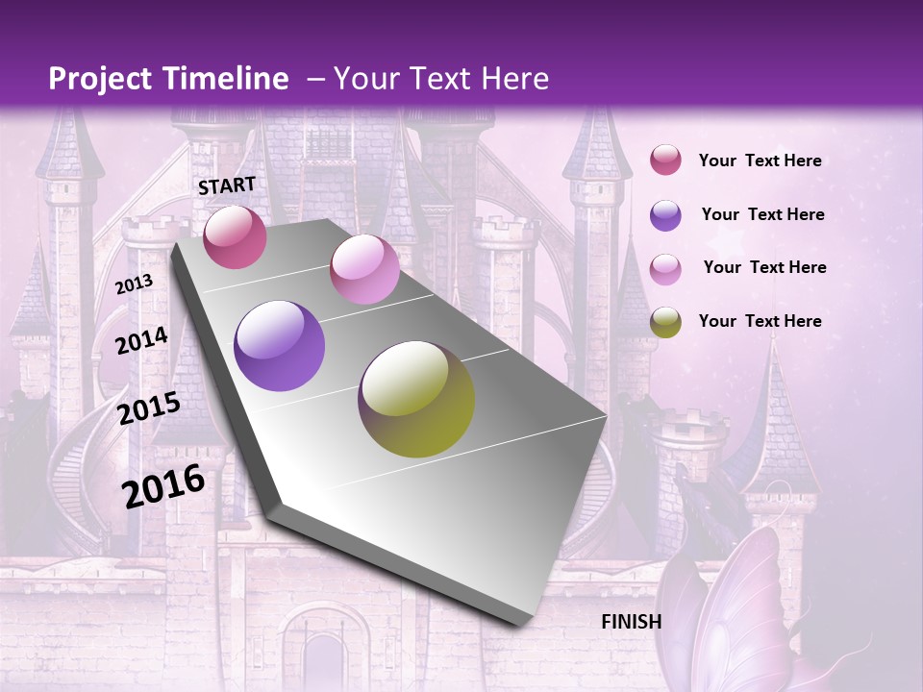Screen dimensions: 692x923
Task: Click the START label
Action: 227,185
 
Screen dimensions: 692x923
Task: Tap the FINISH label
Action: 631,622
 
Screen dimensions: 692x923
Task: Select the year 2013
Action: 134,284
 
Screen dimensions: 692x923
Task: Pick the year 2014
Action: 141,341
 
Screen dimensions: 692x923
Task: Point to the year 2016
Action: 163,485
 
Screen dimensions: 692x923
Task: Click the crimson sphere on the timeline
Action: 235,237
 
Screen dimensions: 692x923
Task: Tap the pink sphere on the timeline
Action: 364,269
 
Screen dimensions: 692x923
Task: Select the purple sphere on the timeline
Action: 280,346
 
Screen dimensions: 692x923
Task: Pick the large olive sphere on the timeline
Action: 416,399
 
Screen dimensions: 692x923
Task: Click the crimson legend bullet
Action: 665,161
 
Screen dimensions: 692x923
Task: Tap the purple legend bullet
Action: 665,215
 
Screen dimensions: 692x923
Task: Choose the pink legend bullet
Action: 665,269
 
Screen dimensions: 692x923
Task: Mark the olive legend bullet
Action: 665,322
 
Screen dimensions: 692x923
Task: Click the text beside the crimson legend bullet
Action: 760,161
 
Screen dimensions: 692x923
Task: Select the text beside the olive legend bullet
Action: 760,321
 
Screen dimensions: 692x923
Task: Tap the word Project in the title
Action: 100,79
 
